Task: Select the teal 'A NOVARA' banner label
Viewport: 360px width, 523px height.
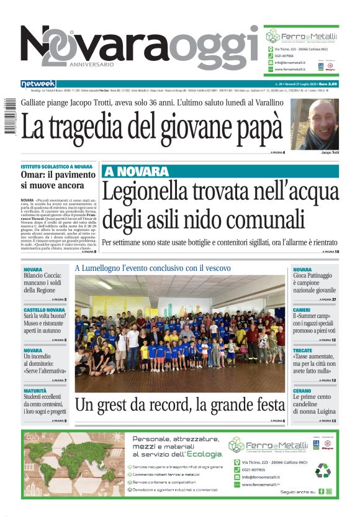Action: pyautogui.click(x=137, y=171)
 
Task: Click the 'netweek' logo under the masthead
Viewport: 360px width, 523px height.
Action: pyautogui.click(x=38, y=84)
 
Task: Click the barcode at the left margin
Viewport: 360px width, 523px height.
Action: pyautogui.click(x=8, y=116)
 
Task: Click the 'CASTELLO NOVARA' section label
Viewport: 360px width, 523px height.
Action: pyautogui.click(x=44, y=309)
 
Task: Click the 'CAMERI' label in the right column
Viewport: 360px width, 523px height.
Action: pyautogui.click(x=302, y=309)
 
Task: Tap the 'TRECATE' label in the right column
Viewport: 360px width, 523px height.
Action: pyautogui.click(x=304, y=350)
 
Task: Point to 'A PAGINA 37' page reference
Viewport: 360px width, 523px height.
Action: pyautogui.click(x=325, y=299)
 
